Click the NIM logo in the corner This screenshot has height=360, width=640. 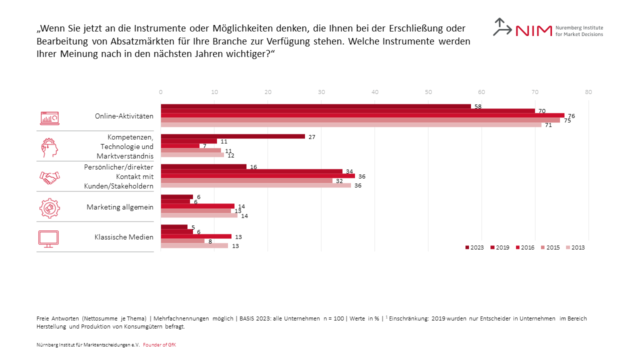(547, 28)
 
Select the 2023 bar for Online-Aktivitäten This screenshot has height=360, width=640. (315, 106)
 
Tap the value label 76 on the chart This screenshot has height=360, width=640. (571, 116)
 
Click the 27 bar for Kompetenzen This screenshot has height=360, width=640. (232, 136)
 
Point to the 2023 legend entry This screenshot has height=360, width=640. (474, 247)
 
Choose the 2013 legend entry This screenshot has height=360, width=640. (575, 247)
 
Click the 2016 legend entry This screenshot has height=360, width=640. (524, 247)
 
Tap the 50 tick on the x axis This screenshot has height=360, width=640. (428, 92)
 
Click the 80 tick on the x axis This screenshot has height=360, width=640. (588, 92)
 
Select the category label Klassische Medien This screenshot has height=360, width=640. (124, 237)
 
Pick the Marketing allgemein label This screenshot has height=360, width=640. (120, 207)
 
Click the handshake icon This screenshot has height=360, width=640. (49, 177)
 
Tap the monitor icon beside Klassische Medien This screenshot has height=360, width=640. (48, 238)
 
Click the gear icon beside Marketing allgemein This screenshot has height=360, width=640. (49, 208)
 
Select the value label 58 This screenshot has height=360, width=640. (477, 106)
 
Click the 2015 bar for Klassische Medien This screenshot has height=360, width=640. (182, 241)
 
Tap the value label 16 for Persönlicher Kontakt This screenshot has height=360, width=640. (253, 166)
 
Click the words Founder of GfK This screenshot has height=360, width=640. (159, 345)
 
